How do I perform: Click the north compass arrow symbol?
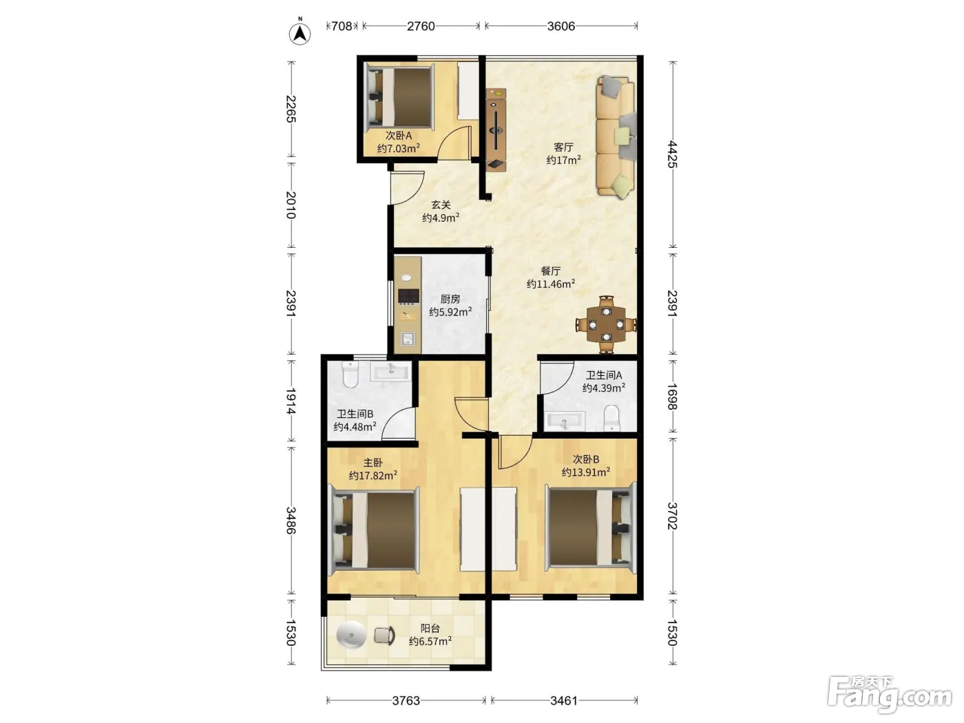click(x=300, y=33)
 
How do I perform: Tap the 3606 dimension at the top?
click(x=560, y=26)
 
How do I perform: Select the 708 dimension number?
click(x=342, y=26)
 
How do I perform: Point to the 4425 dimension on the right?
click(x=672, y=154)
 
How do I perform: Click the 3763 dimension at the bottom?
click(x=406, y=701)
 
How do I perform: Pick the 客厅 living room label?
click(x=563, y=147)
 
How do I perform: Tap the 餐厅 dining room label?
click(x=551, y=271)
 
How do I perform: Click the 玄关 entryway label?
click(x=441, y=205)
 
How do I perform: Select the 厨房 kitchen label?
click(x=450, y=300)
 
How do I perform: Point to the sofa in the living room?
click(x=616, y=136)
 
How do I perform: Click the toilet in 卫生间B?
click(x=350, y=375)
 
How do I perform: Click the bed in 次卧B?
click(x=591, y=527)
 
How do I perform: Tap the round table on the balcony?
click(x=351, y=635)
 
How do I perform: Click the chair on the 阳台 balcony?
click(x=384, y=636)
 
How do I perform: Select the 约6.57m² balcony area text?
click(x=430, y=641)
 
